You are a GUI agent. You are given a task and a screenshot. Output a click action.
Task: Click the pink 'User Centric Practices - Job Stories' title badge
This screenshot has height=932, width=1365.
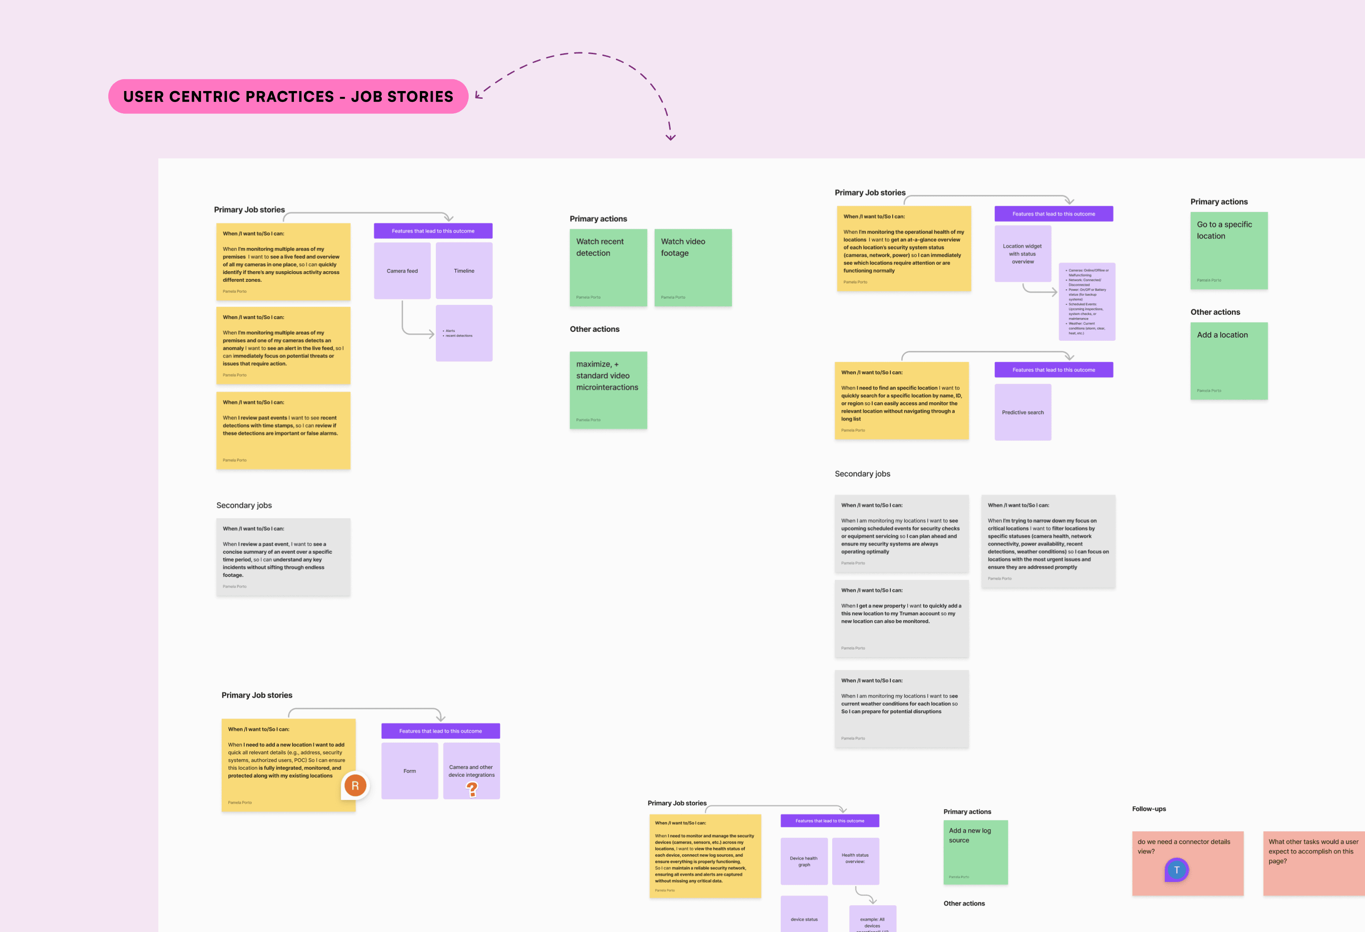(288, 96)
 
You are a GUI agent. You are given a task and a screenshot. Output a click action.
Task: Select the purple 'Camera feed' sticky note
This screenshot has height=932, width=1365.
(402, 271)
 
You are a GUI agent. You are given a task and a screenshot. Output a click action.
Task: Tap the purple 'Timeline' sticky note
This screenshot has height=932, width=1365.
(464, 271)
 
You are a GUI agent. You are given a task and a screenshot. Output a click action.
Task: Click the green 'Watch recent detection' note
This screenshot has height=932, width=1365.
(608, 267)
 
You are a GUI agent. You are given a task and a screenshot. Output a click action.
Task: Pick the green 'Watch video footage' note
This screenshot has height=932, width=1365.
(693, 267)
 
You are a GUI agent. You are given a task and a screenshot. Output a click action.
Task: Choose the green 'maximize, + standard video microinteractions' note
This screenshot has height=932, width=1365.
(608, 390)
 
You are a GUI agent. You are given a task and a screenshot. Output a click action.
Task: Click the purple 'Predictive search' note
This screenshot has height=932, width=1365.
(1022, 412)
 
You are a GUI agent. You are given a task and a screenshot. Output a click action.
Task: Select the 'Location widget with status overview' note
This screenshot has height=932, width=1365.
(1022, 253)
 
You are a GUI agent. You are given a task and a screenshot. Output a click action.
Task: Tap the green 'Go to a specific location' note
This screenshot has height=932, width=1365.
(1229, 250)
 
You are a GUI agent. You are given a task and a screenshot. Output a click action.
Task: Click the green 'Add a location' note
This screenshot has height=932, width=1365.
(1229, 360)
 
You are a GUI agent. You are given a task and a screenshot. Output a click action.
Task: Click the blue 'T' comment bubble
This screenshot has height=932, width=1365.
(1177, 870)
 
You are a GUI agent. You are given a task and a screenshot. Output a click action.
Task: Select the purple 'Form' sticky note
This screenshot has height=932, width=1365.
(409, 771)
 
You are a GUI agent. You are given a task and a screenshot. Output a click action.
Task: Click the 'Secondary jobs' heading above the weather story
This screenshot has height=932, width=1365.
(862, 474)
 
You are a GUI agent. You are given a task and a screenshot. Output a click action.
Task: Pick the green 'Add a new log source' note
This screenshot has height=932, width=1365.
(975, 852)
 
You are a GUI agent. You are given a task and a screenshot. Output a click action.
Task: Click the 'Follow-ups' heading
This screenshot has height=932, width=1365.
(1149, 809)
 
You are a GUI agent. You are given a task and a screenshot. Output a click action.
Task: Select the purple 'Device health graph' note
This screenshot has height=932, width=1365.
(804, 861)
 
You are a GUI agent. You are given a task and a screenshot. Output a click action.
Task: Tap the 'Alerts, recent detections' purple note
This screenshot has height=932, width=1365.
(464, 333)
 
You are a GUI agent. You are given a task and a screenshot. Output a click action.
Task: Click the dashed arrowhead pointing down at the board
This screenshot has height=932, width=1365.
(671, 137)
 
